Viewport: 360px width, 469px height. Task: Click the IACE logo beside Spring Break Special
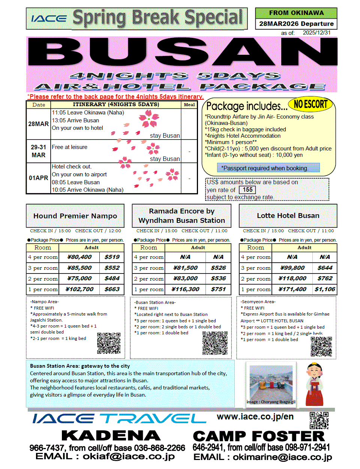tap(49, 18)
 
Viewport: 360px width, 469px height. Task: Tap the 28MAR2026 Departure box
tap(296, 24)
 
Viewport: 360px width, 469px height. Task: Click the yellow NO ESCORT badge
tap(310, 104)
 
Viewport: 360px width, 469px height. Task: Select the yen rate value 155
tap(247, 190)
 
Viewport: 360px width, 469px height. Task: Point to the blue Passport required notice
tap(268, 168)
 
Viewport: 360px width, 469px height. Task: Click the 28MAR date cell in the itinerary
tap(39, 124)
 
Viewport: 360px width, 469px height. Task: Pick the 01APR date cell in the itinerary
tap(39, 178)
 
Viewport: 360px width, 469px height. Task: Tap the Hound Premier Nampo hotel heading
tap(75, 216)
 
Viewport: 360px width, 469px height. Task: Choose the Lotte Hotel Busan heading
tap(288, 216)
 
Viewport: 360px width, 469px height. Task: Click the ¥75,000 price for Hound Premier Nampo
tap(79, 278)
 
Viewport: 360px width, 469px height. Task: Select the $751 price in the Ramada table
tap(218, 289)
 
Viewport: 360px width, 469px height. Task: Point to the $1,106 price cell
tap(325, 289)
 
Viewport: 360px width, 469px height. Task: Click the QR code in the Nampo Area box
tap(109, 343)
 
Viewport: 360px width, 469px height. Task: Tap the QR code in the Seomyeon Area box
tap(321, 346)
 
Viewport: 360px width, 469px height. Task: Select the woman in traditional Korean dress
tap(314, 384)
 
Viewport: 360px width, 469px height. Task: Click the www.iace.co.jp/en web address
tap(255, 416)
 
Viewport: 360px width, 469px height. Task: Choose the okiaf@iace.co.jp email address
tap(129, 457)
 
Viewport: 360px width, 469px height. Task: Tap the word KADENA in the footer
tap(111, 436)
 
